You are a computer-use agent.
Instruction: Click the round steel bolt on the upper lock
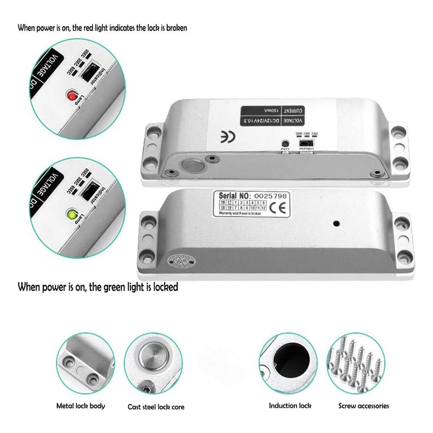(193, 165)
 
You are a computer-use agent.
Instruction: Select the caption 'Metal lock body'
(81, 405)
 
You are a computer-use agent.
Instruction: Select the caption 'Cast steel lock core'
(152, 406)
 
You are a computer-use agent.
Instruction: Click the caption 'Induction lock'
(290, 405)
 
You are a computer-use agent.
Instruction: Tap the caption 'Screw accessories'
(364, 405)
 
